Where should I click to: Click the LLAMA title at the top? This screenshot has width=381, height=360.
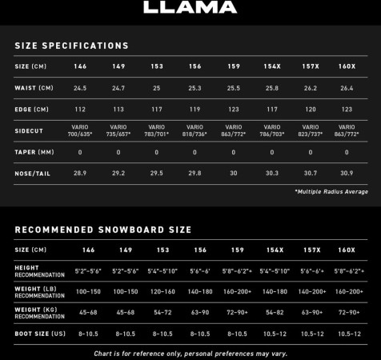click(190, 8)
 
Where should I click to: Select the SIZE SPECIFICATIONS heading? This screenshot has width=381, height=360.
click(71, 46)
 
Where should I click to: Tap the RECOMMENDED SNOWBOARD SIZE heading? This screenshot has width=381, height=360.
click(102, 230)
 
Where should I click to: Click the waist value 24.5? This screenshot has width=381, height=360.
click(80, 87)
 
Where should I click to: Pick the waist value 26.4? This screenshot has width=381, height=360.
click(347, 87)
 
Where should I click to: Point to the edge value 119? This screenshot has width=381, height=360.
click(195, 109)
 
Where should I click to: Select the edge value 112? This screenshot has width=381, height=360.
click(80, 109)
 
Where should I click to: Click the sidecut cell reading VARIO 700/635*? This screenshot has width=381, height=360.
click(80, 130)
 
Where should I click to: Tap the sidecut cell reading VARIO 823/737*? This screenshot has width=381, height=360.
click(310, 130)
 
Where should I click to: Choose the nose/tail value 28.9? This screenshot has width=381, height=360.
click(80, 173)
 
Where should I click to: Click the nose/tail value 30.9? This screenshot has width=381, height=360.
click(347, 173)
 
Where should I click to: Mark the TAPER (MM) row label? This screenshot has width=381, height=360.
click(34, 152)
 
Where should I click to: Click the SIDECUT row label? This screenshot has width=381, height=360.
click(29, 130)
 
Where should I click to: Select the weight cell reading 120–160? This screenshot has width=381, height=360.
click(163, 292)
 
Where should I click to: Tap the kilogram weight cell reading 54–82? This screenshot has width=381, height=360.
click(275, 312)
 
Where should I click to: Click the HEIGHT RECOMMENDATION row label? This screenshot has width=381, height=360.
click(39, 271)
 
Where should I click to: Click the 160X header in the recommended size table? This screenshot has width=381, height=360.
click(347, 250)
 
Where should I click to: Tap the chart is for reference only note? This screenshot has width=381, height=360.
click(190, 353)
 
